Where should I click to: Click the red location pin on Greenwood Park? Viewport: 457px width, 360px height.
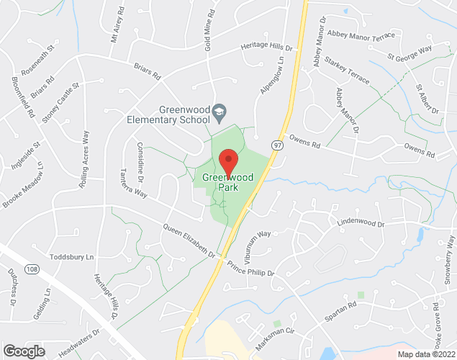(x=228, y=161)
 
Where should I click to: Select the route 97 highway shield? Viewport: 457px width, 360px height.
(x=277, y=145)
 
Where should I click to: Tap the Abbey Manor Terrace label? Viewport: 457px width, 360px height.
(x=361, y=35)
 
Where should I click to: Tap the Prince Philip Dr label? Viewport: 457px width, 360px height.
(x=251, y=269)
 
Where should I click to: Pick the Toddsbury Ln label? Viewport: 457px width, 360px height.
(x=72, y=257)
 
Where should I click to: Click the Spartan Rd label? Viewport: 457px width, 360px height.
(x=342, y=306)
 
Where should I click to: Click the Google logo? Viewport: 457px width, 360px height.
(x=23, y=351)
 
